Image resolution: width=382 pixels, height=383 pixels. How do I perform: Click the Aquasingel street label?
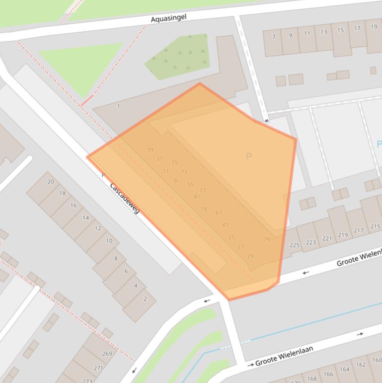(168, 18)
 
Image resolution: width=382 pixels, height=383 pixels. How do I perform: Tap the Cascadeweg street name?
(124, 198)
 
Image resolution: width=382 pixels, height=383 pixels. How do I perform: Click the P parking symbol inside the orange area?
(249, 157)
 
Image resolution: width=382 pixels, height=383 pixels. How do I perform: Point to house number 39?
(150, 150)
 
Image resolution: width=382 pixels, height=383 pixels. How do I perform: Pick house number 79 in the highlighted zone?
(267, 240)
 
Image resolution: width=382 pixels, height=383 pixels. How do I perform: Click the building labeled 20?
(51, 182)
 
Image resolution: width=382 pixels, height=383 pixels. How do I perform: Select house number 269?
(107, 354)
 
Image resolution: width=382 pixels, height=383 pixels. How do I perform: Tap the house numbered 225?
(295, 245)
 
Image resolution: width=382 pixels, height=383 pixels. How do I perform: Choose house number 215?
(375, 227)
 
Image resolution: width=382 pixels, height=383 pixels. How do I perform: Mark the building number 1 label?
(118, 106)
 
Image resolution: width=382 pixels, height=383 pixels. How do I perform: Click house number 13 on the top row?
(324, 32)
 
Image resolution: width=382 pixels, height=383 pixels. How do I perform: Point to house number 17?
(357, 28)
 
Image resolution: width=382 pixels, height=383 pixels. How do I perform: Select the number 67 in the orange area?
(219, 213)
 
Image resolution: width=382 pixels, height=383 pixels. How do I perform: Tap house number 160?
(377, 360)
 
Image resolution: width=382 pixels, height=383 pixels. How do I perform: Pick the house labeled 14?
(85, 218)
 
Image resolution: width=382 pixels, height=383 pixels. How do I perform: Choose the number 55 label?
(190, 185)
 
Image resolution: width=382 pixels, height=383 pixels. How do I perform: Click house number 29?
(250, 256)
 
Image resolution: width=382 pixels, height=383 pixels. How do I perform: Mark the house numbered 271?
(98, 368)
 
